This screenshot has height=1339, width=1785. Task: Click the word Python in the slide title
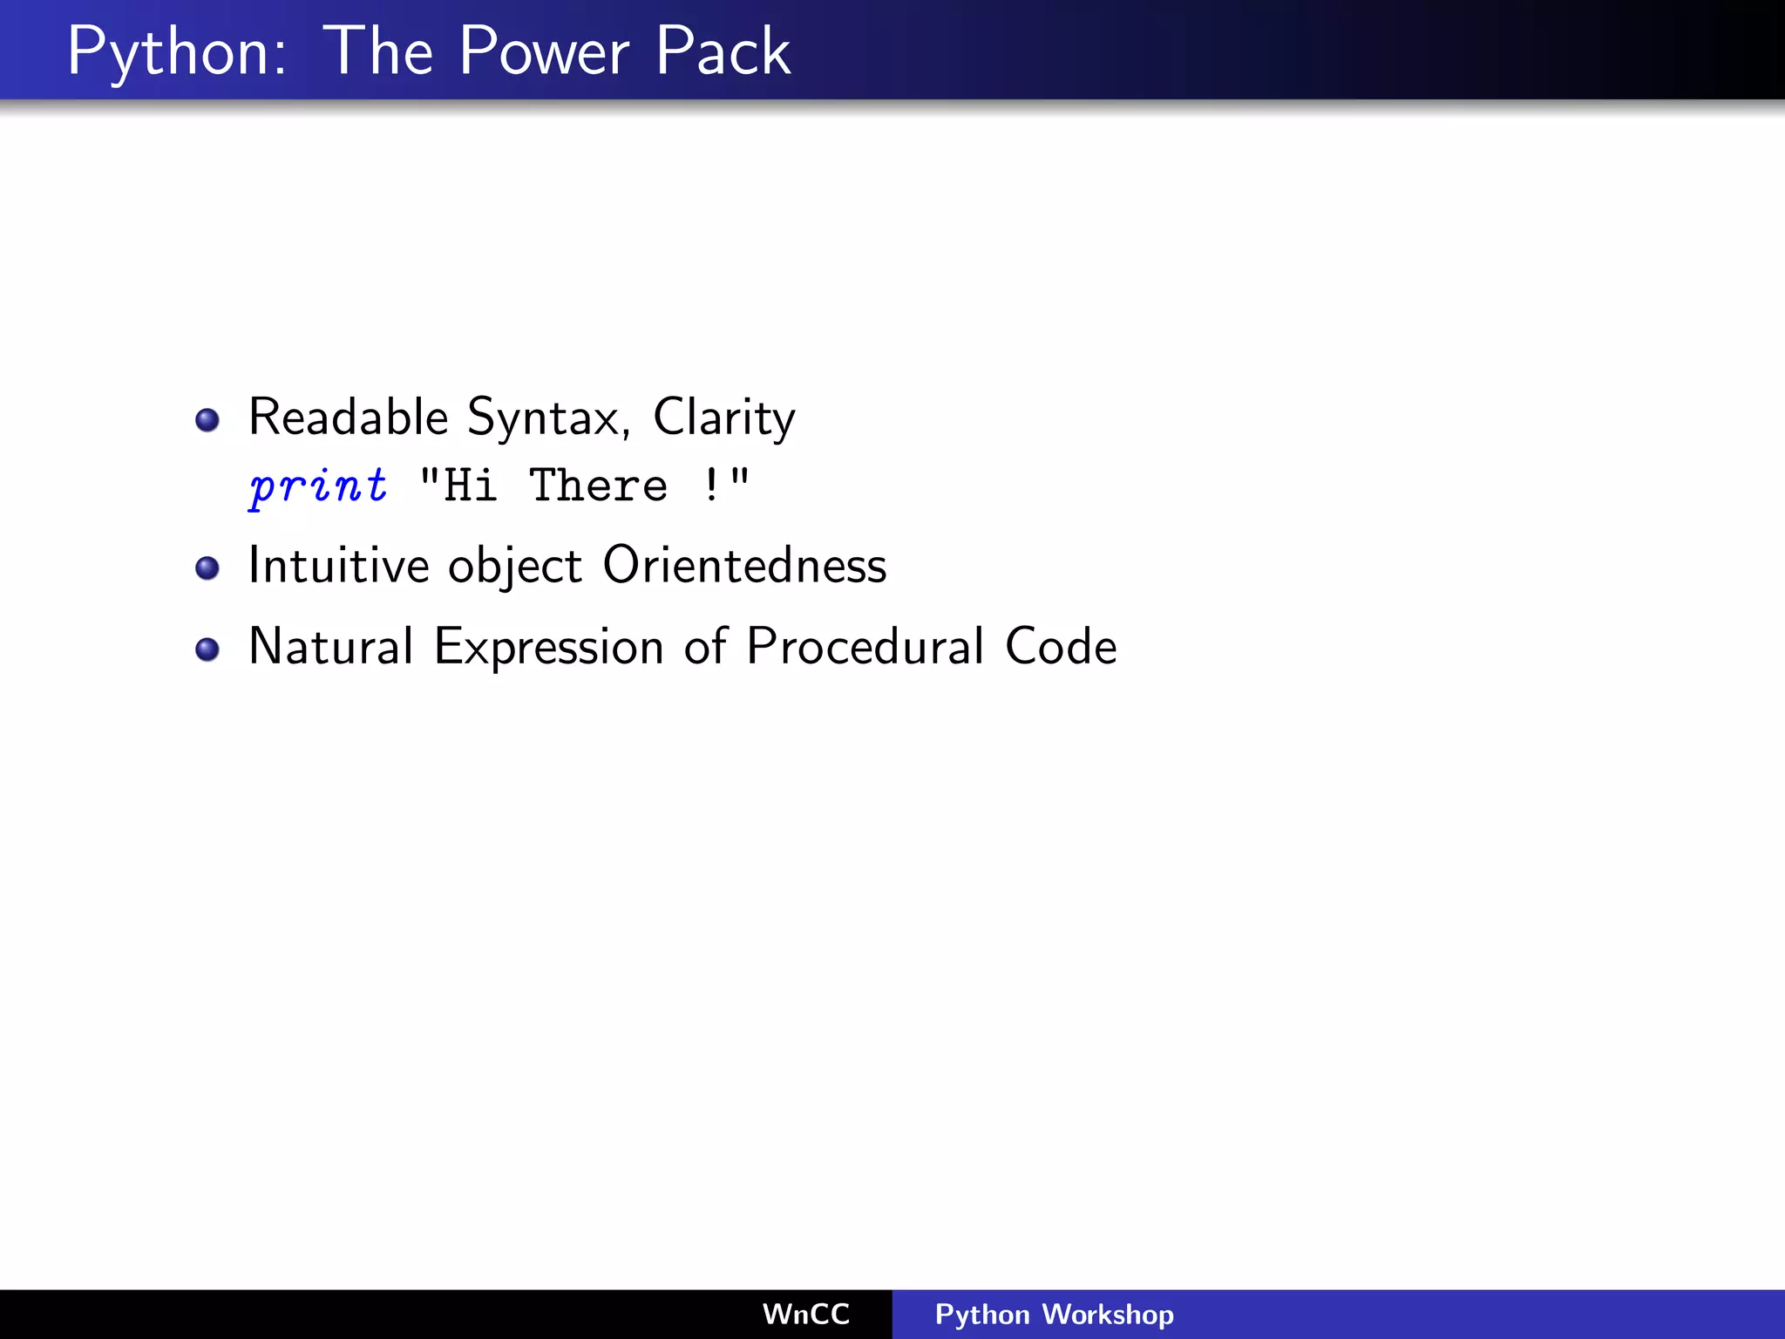pos(174,52)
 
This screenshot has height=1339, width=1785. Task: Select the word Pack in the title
pos(723,52)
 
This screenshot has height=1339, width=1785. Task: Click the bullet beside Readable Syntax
pos(207,420)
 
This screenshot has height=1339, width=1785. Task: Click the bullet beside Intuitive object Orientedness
pos(207,568)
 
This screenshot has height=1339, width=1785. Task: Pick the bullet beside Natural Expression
pos(207,649)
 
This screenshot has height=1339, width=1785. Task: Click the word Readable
pos(348,417)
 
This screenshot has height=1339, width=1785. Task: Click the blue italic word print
pos(318,486)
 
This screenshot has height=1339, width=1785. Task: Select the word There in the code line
pos(598,486)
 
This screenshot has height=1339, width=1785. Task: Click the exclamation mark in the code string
pos(712,486)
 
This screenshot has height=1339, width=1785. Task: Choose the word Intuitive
pos(338,566)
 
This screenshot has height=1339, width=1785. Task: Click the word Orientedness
pos(744,566)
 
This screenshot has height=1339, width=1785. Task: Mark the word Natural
pos(330,647)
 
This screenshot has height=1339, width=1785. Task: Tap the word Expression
pos(548,647)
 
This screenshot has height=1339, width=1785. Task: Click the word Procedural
pos(865,647)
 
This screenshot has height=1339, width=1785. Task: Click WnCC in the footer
pos(805,1314)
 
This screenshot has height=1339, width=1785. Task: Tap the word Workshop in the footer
pos(1108,1314)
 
